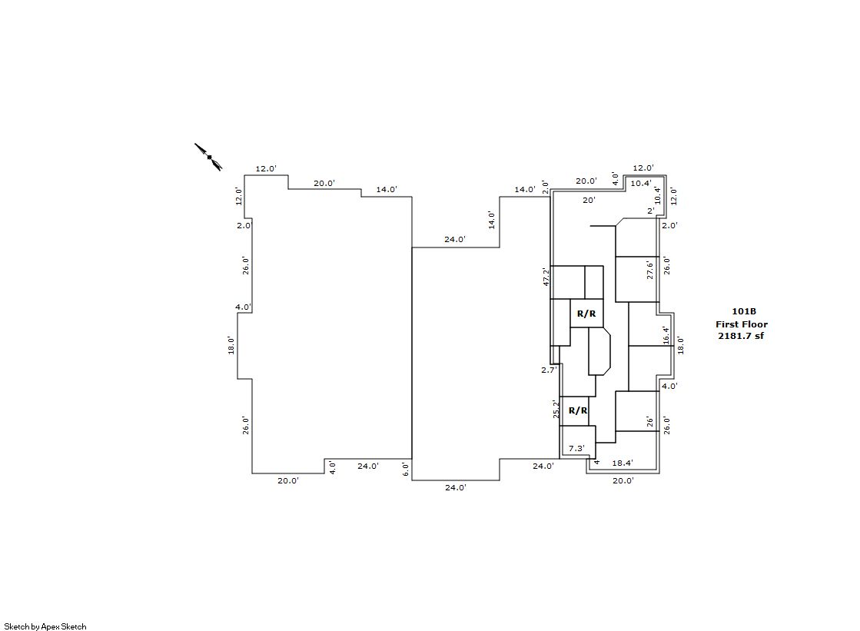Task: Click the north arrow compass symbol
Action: [x=208, y=157]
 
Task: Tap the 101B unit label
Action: [x=744, y=312]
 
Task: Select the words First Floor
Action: [x=742, y=324]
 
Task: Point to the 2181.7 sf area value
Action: [x=741, y=336]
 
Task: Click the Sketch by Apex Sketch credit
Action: [x=45, y=626]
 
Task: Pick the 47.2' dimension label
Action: [x=546, y=277]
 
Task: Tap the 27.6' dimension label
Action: [x=650, y=271]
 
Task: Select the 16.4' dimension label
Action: [x=666, y=335]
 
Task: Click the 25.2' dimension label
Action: [x=556, y=410]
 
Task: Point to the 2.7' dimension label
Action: [x=549, y=370]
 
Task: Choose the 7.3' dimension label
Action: [x=576, y=448]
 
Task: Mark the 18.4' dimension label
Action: [x=623, y=463]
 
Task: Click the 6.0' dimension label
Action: [x=406, y=469]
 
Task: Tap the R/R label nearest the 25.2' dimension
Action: [x=578, y=410]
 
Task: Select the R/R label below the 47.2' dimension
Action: [x=586, y=314]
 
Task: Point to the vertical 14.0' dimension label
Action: [x=492, y=221]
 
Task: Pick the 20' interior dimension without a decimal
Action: [x=589, y=201]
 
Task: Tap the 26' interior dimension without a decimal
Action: [x=650, y=422]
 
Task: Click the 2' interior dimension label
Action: [x=651, y=211]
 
